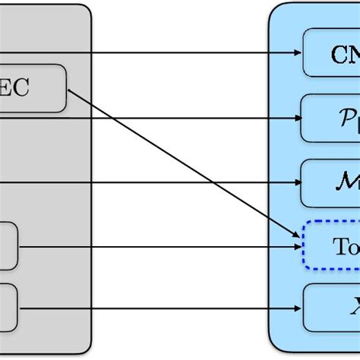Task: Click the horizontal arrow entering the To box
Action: coord(152,246)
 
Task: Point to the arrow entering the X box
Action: coord(152,308)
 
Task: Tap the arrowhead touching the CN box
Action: coord(298,53)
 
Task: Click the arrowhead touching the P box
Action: coord(298,118)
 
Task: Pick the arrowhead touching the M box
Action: coord(298,183)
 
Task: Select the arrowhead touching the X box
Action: coord(298,308)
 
